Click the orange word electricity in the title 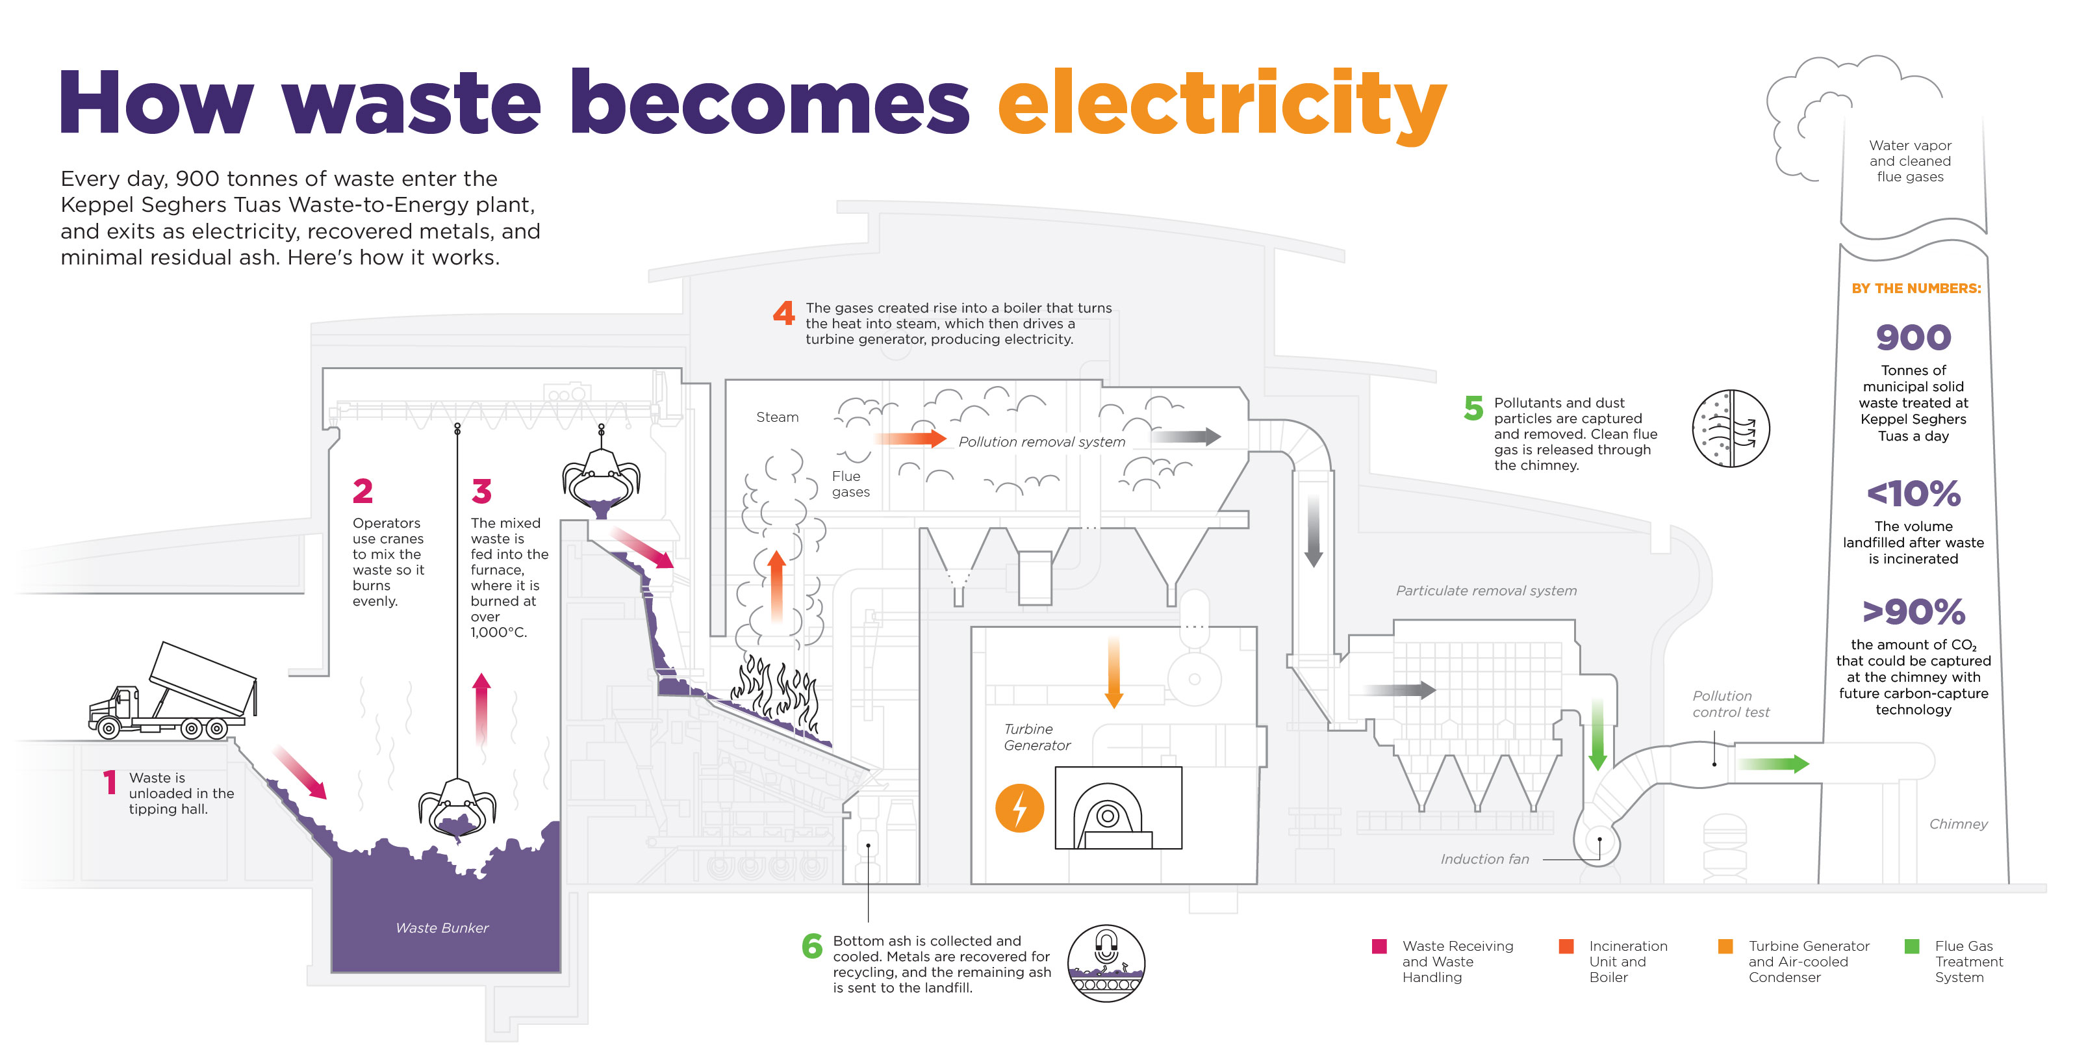pos(1221,105)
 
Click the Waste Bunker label pos(442,928)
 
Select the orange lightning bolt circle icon pos(1019,808)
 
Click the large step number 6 pos(812,946)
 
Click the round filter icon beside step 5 pos(1730,428)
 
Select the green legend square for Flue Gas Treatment pos(1912,946)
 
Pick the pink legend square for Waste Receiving pos(1379,946)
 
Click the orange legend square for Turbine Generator pos(1725,946)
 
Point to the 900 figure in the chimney pos(1913,338)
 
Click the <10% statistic pos(1913,494)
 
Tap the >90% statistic pos(1913,612)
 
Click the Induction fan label pos(1484,859)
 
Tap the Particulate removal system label pos(1486,591)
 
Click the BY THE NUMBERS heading pos(1915,288)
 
